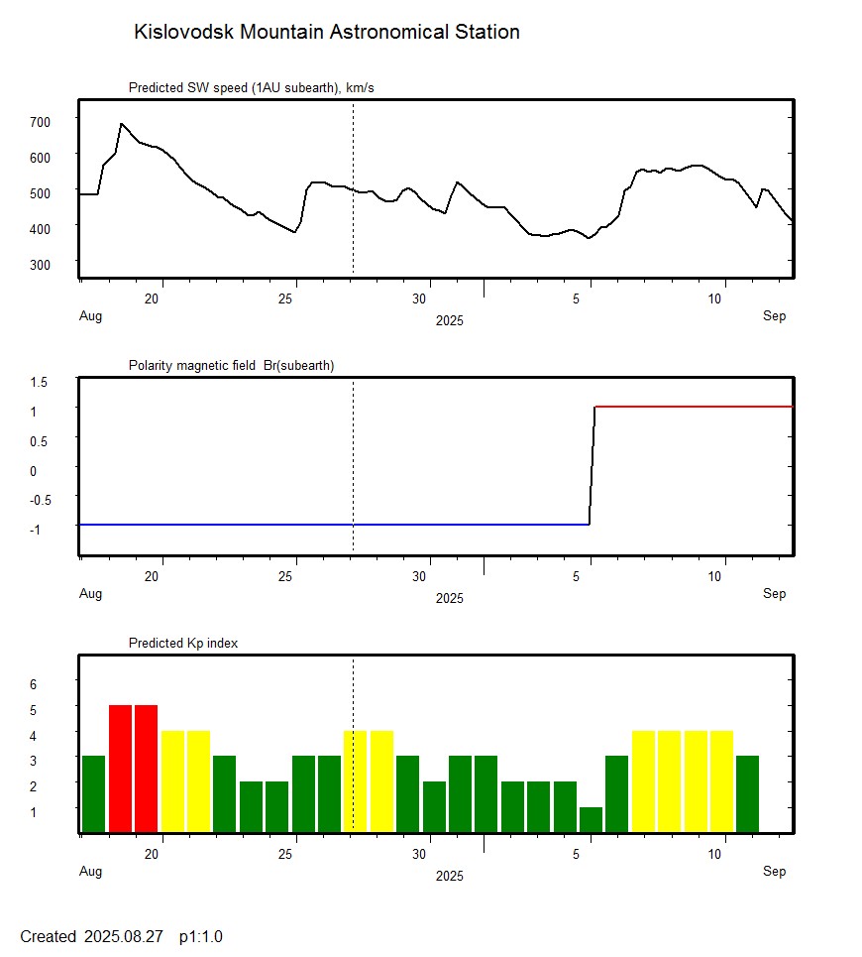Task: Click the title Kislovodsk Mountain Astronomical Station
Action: click(x=326, y=33)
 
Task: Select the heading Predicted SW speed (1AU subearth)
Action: click(x=251, y=88)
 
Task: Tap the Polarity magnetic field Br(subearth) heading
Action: click(x=231, y=366)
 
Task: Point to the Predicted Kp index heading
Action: click(x=183, y=644)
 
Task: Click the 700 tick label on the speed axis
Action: click(x=40, y=121)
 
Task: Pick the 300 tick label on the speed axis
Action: click(x=40, y=264)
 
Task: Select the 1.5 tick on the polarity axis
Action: click(x=40, y=382)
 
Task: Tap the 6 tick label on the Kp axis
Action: click(x=33, y=684)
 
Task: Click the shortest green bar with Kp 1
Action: click(x=591, y=820)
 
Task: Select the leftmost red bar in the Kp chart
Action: click(x=120, y=769)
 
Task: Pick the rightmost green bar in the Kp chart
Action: click(x=747, y=793)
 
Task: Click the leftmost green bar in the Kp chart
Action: click(x=93, y=793)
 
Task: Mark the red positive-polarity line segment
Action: click(x=694, y=407)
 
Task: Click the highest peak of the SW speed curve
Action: click(x=121, y=124)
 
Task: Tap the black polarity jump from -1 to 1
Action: click(x=593, y=466)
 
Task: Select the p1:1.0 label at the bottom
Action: click(x=200, y=936)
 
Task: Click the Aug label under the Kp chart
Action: click(x=90, y=872)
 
